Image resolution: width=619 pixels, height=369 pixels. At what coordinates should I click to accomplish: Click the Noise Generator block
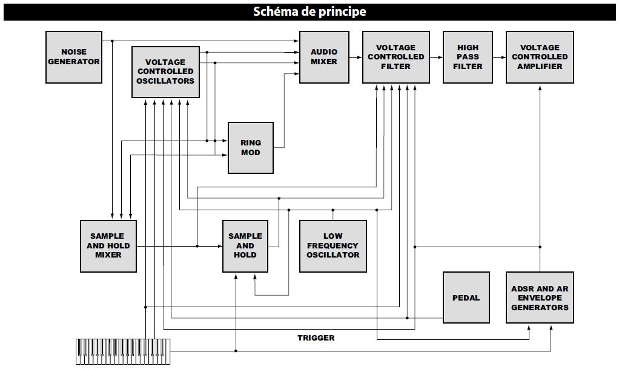point(74,57)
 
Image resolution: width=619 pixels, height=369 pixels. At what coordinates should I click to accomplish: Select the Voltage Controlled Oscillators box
point(165,71)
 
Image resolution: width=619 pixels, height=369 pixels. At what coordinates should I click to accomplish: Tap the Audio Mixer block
point(324,57)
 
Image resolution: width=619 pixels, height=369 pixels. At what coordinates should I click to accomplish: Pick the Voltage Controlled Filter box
point(396,57)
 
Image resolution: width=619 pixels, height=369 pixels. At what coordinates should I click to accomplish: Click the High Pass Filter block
point(467,57)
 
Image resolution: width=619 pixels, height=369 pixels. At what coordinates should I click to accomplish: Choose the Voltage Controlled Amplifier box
point(540,57)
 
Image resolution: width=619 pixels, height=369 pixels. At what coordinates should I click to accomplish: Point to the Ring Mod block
point(250,147)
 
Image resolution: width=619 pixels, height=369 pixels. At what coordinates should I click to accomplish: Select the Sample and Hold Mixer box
point(108,245)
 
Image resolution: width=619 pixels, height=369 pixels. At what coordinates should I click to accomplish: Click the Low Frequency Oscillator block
point(333,245)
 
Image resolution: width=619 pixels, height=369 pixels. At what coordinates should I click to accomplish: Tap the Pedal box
point(466,298)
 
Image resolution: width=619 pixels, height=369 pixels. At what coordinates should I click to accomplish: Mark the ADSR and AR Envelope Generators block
point(540,298)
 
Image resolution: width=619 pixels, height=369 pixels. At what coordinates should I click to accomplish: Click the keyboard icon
point(123,351)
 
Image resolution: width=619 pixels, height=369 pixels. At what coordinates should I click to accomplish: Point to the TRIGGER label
point(316,337)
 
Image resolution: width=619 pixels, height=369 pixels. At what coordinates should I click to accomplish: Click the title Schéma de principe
point(309,12)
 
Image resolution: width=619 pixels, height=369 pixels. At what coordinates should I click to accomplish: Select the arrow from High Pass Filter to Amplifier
point(498,57)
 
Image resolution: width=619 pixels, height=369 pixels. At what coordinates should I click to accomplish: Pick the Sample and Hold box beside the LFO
point(245,245)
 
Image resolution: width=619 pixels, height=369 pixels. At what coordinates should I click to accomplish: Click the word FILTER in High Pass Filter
point(468,66)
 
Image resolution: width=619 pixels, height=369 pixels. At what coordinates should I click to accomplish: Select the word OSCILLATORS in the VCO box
point(165,81)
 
